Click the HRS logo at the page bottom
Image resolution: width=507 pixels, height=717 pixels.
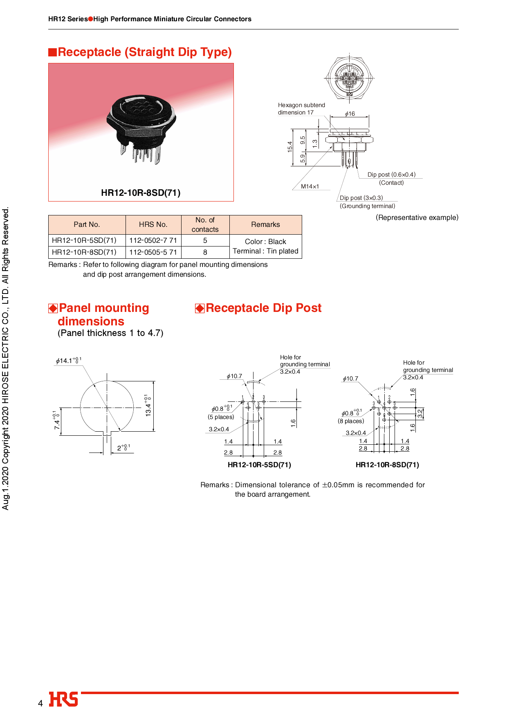(63, 699)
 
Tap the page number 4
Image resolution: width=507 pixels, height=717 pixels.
(40, 703)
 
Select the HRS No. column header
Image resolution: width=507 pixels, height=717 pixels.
(153, 224)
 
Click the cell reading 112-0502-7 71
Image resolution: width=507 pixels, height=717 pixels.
(153, 240)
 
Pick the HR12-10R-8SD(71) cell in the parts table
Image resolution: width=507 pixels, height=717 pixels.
(84, 252)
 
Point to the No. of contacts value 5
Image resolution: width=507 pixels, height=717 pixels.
(205, 240)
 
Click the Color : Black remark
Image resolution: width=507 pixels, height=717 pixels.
(265, 242)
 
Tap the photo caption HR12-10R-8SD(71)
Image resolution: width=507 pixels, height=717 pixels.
(141, 193)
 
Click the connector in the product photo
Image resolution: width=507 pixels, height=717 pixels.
(141, 127)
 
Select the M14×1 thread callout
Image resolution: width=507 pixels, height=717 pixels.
(310, 186)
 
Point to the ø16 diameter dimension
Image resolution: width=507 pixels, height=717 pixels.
(350, 114)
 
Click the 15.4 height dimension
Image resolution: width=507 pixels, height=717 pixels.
(290, 147)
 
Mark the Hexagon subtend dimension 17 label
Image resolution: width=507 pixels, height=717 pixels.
(301, 109)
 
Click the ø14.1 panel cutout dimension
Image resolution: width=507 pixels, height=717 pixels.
(68, 361)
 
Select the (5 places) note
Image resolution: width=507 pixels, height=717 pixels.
(221, 417)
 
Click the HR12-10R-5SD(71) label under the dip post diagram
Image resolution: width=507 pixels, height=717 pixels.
(259, 465)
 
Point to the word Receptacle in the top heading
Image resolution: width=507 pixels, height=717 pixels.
(90, 52)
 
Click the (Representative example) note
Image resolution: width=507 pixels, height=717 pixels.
(417, 217)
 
